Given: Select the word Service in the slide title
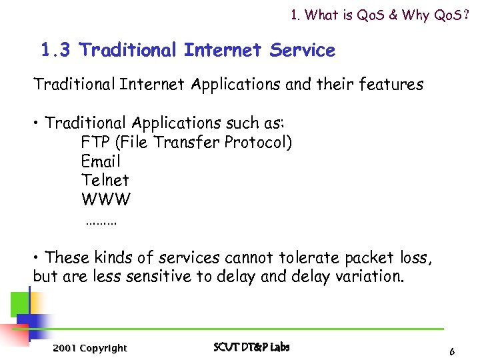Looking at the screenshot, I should coord(303,50).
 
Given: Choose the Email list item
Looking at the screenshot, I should coord(101,161).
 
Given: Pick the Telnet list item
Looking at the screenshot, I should coord(105,180).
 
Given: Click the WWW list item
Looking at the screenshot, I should coord(106,199).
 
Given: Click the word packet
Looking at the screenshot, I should coord(365,257).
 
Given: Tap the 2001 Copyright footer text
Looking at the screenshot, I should coord(89,348).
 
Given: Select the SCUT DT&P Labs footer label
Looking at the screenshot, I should coord(251,347).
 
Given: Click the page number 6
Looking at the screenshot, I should coord(452,351).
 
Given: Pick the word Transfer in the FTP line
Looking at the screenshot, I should coord(189,142).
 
